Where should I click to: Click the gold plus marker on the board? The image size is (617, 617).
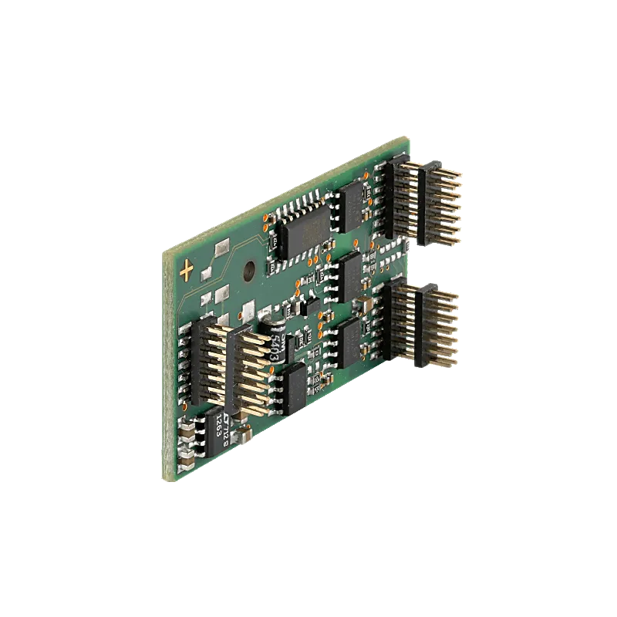[187, 270]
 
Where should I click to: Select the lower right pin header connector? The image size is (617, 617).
[420, 324]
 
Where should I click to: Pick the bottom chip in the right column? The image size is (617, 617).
[352, 339]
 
